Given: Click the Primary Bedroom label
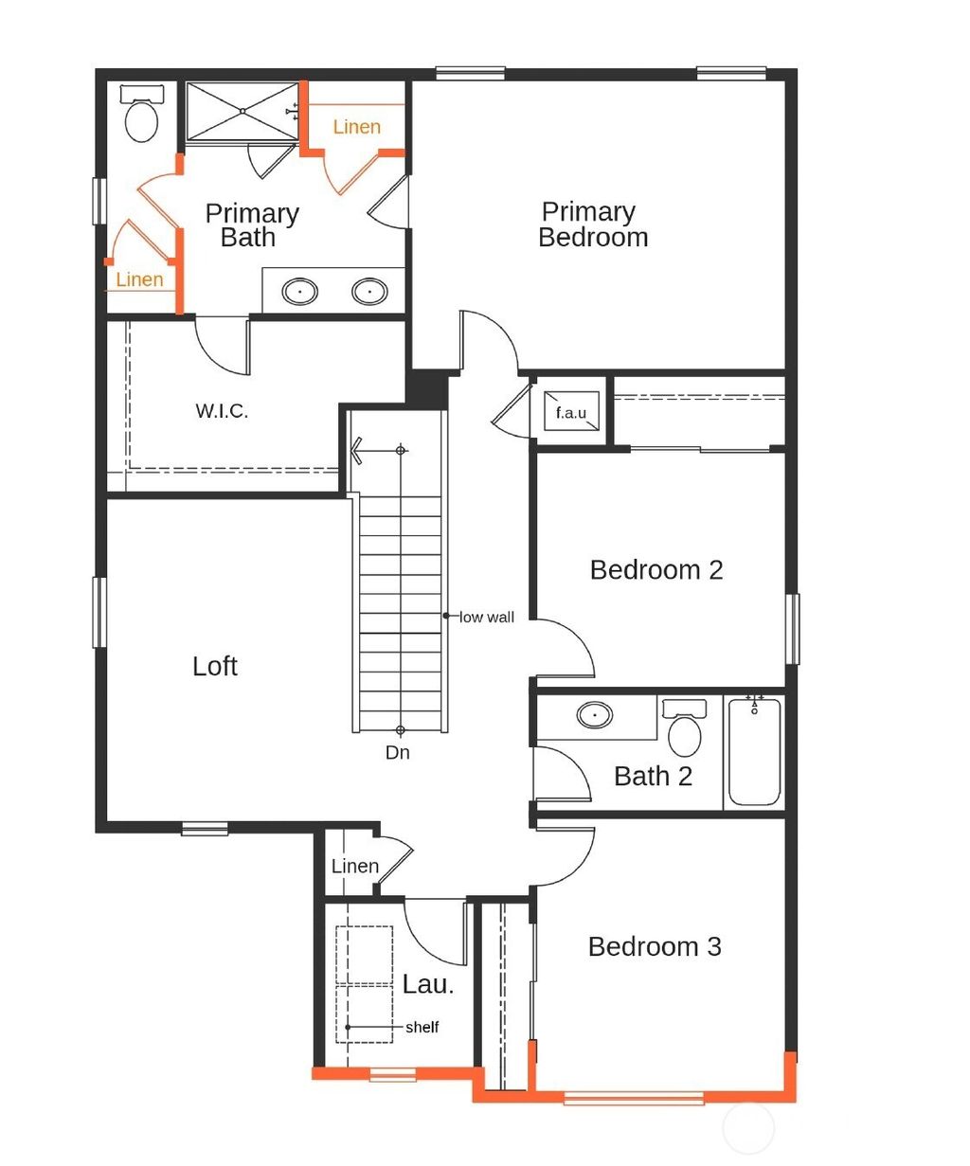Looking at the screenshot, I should click(592, 224).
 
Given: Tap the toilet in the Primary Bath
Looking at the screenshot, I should click(142, 116).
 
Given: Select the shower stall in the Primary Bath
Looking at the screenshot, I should click(242, 112).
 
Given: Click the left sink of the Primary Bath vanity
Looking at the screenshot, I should click(300, 292).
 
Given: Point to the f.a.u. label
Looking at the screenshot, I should click(571, 412).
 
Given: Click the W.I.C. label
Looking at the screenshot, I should click(222, 411).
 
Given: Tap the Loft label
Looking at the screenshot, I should click(215, 667).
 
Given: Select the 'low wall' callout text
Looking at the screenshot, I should click(487, 618).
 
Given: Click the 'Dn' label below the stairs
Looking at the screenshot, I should click(398, 753).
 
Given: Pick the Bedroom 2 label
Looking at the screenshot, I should click(656, 570).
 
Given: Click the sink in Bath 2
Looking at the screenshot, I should click(594, 715).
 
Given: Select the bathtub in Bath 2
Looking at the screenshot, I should click(755, 753).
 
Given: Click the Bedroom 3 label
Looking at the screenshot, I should click(655, 947).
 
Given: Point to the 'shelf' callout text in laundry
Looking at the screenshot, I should click(422, 1028).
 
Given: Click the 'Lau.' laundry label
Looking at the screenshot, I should click(428, 985).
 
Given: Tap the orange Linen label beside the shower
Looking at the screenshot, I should click(356, 127).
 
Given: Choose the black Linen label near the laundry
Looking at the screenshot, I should click(355, 867).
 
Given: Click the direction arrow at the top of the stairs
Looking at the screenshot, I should click(357, 450).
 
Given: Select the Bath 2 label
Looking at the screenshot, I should click(653, 777).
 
